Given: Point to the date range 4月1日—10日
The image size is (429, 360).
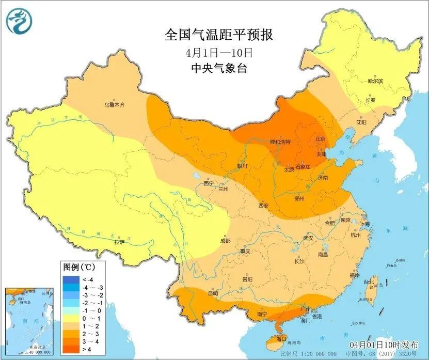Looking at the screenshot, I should pos(219,53).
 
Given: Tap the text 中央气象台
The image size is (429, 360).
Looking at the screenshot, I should pos(219,68).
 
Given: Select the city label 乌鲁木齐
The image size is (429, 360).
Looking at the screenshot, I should pos(115,105).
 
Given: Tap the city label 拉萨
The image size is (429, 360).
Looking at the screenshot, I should pos(119,241).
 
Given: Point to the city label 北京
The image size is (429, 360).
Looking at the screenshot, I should pos(320,139).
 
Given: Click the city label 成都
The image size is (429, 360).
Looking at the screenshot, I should pos(225,240).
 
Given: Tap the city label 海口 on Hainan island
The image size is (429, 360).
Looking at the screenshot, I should pos(281,339).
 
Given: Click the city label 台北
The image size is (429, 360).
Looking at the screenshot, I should pos(369,282).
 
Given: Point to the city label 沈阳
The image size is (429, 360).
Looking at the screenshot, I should pos(361,122).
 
